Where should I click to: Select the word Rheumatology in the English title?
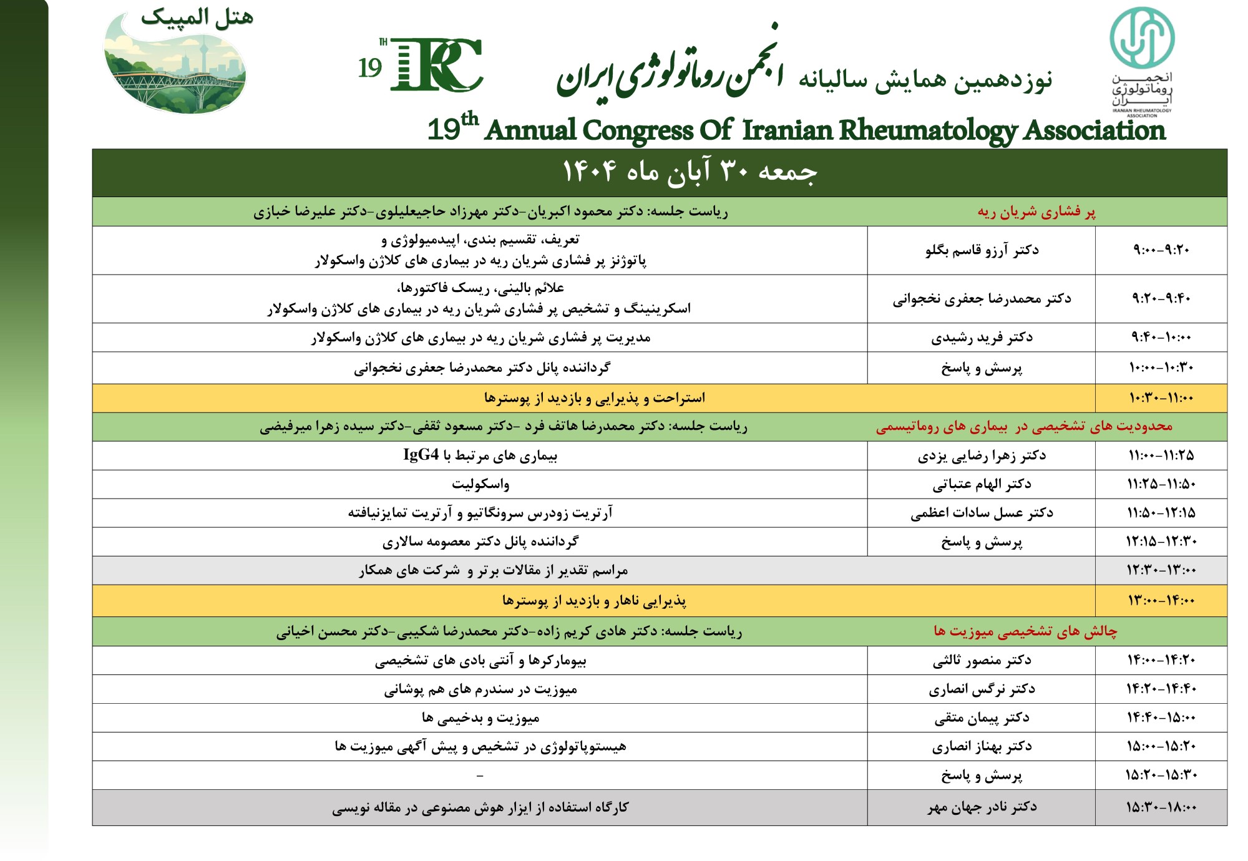tap(927, 130)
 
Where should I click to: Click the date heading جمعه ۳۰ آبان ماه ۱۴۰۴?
tap(690, 172)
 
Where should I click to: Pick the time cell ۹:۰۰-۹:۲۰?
tap(1161, 250)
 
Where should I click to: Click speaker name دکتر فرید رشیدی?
tap(982, 338)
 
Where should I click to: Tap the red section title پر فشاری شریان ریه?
tap(1036, 212)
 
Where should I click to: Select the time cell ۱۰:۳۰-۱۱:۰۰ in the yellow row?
tap(1161, 398)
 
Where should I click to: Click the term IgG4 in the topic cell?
tap(421, 455)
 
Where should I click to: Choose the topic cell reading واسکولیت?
tap(480, 484)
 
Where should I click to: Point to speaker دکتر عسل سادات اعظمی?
tap(982, 513)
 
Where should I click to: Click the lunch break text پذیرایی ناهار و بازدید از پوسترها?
tap(594, 601)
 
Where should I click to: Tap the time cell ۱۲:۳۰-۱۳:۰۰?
tap(1161, 570)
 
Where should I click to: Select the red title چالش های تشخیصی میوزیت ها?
tap(1025, 631)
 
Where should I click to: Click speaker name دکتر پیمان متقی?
tap(982, 718)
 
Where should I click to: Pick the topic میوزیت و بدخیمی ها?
tap(480, 718)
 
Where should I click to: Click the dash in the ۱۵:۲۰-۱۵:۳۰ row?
tap(480, 776)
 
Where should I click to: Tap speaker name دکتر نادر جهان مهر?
tap(982, 807)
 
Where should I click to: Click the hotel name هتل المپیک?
tap(197, 17)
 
